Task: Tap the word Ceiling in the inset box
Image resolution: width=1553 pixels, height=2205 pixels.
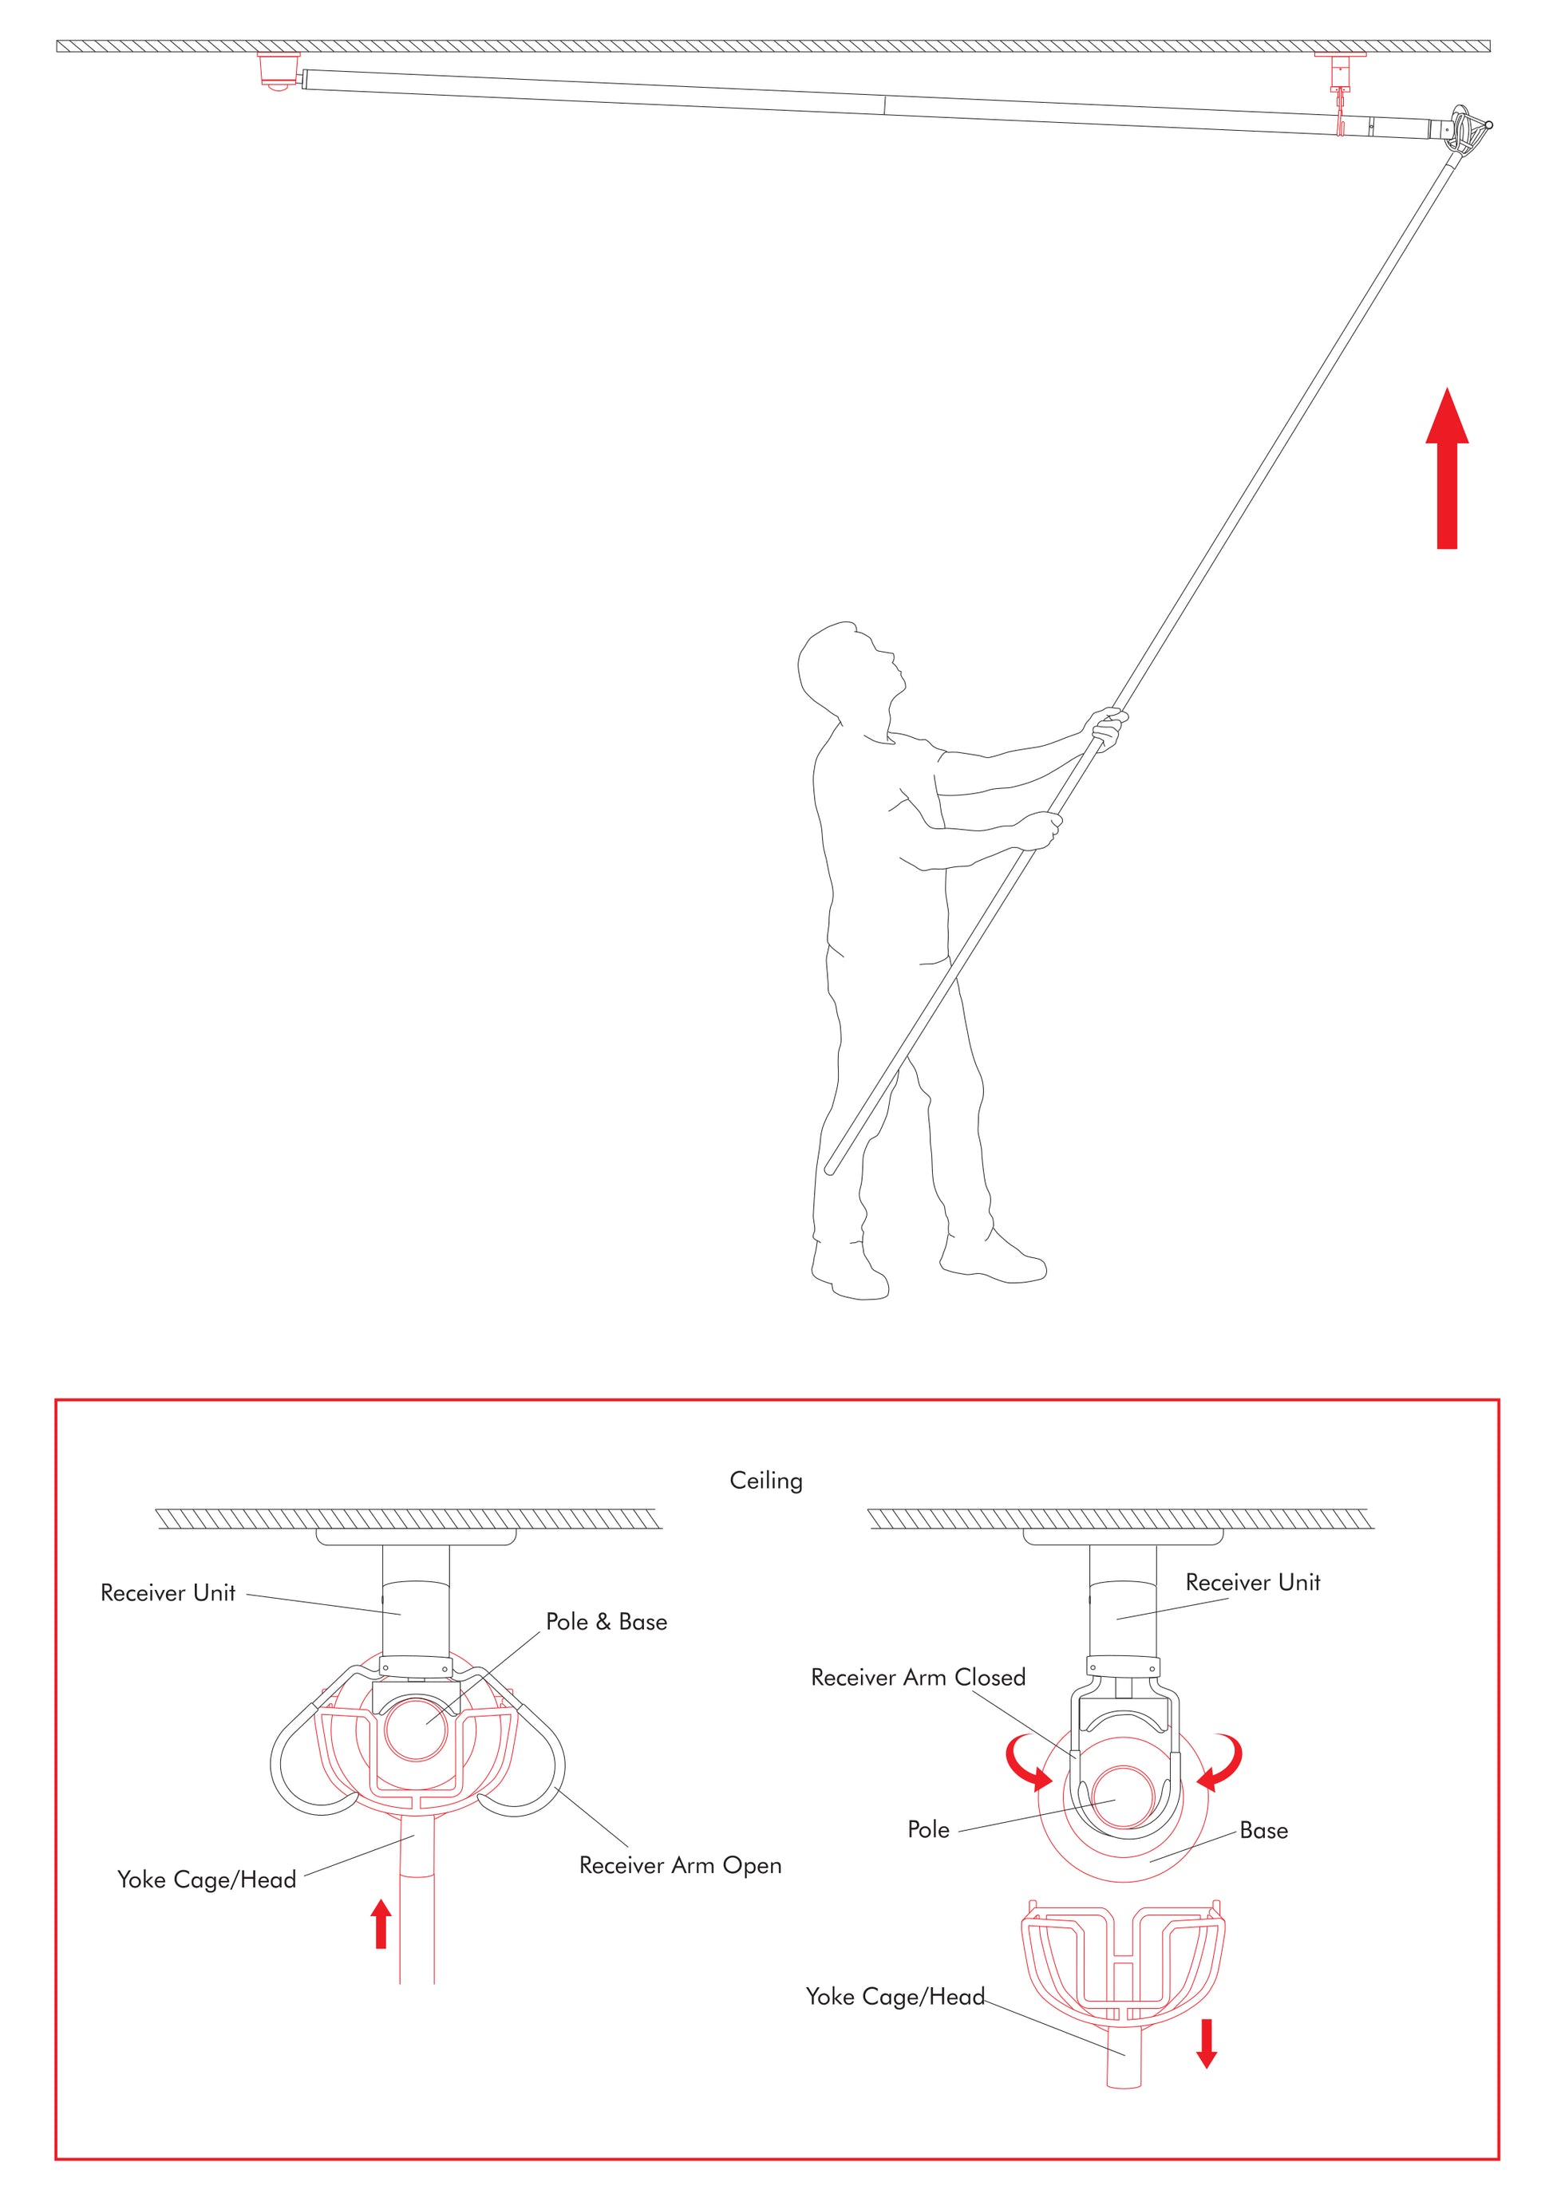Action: (765, 1481)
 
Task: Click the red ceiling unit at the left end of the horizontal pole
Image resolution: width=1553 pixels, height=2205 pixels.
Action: (279, 70)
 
